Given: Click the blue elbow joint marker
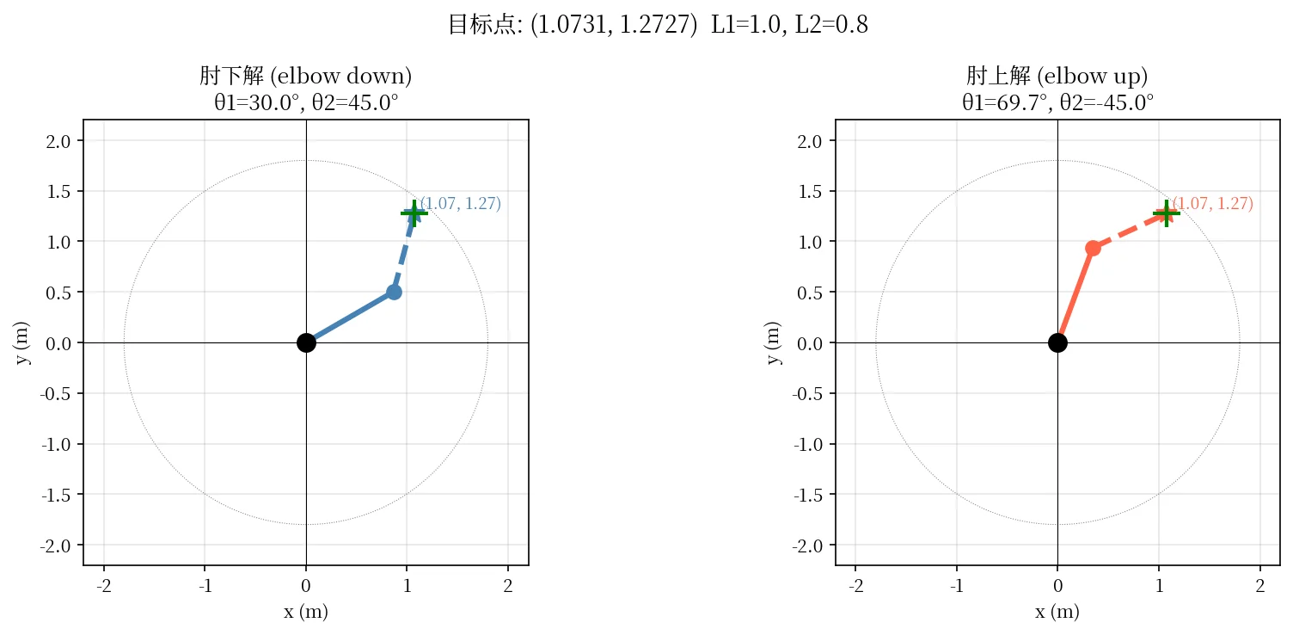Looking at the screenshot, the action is [x=394, y=293].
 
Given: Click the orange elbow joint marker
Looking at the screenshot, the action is [x=1093, y=249].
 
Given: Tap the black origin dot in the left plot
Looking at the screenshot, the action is [x=306, y=342].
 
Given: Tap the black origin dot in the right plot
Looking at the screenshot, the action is [x=1057, y=342].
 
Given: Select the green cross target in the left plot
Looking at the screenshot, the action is [x=414, y=213].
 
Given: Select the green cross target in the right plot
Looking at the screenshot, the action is [x=1166, y=213].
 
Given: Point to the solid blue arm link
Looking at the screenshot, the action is [x=350, y=317].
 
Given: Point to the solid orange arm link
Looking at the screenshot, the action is [x=1075, y=295].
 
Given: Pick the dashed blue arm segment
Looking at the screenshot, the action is [x=404, y=253].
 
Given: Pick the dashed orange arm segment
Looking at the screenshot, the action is [x=1129, y=231].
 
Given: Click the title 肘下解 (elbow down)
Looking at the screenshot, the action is [x=306, y=76].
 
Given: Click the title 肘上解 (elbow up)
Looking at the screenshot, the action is [x=1057, y=76].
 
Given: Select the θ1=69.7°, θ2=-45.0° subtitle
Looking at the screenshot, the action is [x=1057, y=103].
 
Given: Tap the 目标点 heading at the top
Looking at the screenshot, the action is [x=658, y=24].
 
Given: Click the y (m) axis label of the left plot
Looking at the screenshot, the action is [x=21, y=342].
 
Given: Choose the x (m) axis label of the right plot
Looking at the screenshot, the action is [x=1057, y=611].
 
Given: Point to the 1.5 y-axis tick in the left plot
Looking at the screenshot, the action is [x=58, y=191].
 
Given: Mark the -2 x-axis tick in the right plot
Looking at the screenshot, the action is [x=855, y=586].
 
